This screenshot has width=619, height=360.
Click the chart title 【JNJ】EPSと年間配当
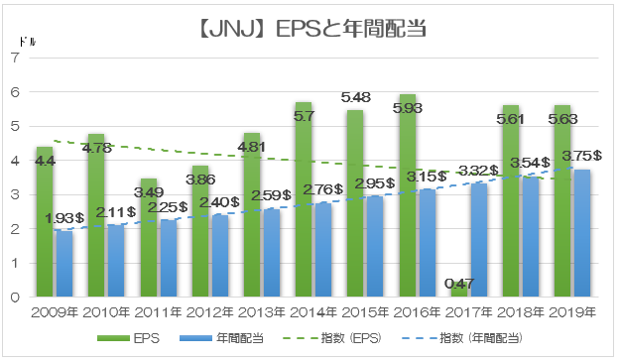click(x=312, y=29)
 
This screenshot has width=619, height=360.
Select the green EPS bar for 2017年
click(x=459, y=289)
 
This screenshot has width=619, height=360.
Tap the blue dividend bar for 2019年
click(x=582, y=233)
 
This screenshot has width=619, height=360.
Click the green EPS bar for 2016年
click(x=408, y=195)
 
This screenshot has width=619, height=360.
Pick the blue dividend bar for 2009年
click(x=64, y=264)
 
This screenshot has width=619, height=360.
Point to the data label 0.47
click(x=459, y=284)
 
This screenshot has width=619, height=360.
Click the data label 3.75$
click(x=582, y=156)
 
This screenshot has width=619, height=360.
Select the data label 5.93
click(x=408, y=108)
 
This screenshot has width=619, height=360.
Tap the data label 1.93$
click(x=64, y=218)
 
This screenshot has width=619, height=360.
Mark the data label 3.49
click(x=149, y=192)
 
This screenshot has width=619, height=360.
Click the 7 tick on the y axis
click(x=15, y=59)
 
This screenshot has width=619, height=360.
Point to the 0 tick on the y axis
click(x=15, y=298)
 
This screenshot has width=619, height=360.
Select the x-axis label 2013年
click(x=262, y=312)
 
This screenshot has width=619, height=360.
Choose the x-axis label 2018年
click(x=521, y=312)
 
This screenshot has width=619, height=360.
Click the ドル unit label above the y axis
click(x=27, y=42)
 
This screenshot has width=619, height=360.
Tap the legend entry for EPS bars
click(x=129, y=338)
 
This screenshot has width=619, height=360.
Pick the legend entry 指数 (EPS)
click(x=332, y=338)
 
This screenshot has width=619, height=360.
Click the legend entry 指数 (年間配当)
click(x=462, y=338)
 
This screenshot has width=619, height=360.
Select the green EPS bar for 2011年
click(x=149, y=238)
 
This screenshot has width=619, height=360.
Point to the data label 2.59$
click(x=271, y=195)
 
